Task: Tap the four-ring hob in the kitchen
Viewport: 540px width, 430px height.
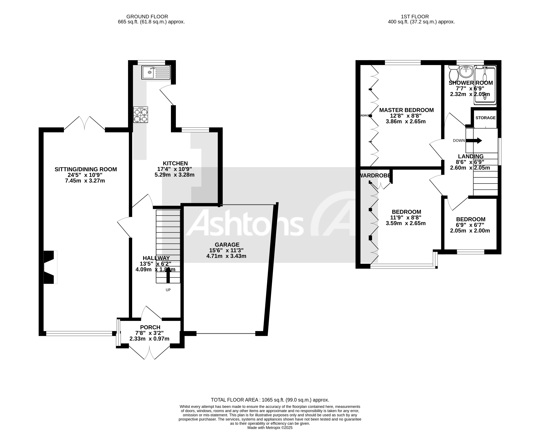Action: tap(141, 115)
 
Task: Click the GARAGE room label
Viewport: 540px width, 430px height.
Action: tap(227, 245)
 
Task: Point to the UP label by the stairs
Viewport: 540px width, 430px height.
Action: tap(168, 290)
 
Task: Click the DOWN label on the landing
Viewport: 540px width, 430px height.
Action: tap(459, 141)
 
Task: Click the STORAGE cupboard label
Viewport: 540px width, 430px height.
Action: tap(485, 118)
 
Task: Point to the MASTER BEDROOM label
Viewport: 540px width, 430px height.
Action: tap(406, 110)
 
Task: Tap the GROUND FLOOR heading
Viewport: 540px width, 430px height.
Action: tap(147, 16)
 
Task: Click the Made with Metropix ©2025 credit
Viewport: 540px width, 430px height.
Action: tap(270, 428)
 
